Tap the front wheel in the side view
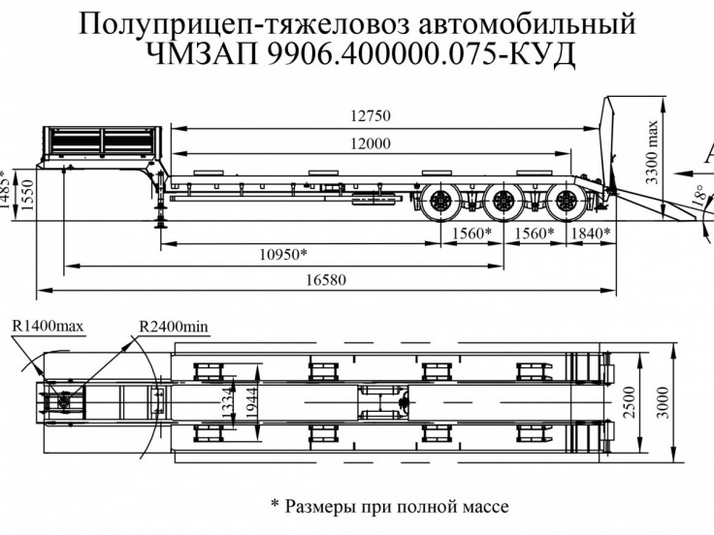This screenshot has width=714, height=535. [438, 205]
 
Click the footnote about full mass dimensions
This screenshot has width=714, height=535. [388, 505]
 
